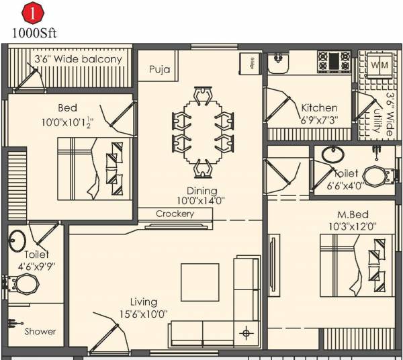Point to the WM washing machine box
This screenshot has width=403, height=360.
click(x=379, y=66)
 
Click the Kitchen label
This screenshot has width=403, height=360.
click(x=319, y=107)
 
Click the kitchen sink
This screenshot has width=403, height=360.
click(x=278, y=62)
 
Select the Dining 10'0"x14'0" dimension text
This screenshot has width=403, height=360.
click(x=200, y=195)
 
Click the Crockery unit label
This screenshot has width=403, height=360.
click(x=175, y=214)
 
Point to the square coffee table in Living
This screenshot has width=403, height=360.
click(x=199, y=282)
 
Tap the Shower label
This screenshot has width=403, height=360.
click(x=40, y=331)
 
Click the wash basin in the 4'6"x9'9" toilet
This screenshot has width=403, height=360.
click(x=17, y=239)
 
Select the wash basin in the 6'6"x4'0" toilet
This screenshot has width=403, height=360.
click(x=332, y=154)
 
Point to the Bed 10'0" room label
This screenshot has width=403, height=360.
click(x=66, y=107)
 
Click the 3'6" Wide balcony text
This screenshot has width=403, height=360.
click(x=79, y=59)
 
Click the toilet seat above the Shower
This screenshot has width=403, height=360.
click(x=26, y=283)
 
